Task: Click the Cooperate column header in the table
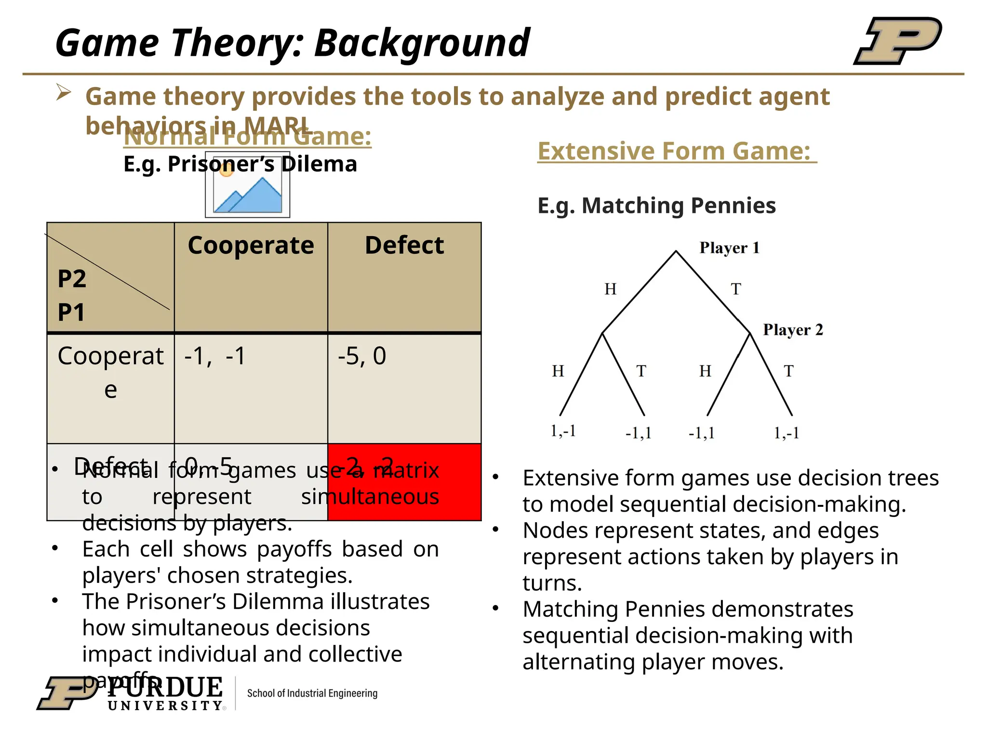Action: (x=251, y=246)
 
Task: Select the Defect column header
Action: (x=404, y=246)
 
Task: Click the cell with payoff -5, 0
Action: (x=362, y=357)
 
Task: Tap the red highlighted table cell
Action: (x=404, y=482)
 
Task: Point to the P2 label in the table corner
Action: (x=72, y=279)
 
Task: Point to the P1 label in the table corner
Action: (x=71, y=312)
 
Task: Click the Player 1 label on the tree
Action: (x=729, y=248)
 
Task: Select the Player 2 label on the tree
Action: (x=793, y=330)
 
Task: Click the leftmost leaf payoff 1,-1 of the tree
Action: (x=563, y=431)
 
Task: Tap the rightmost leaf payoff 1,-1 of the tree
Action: (x=787, y=433)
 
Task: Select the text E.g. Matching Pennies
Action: (x=656, y=206)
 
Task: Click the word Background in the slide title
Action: (x=422, y=43)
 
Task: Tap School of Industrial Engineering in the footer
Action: (x=312, y=693)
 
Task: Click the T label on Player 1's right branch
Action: (x=736, y=289)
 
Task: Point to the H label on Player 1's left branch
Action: (x=610, y=289)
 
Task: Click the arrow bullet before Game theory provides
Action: (x=64, y=92)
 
